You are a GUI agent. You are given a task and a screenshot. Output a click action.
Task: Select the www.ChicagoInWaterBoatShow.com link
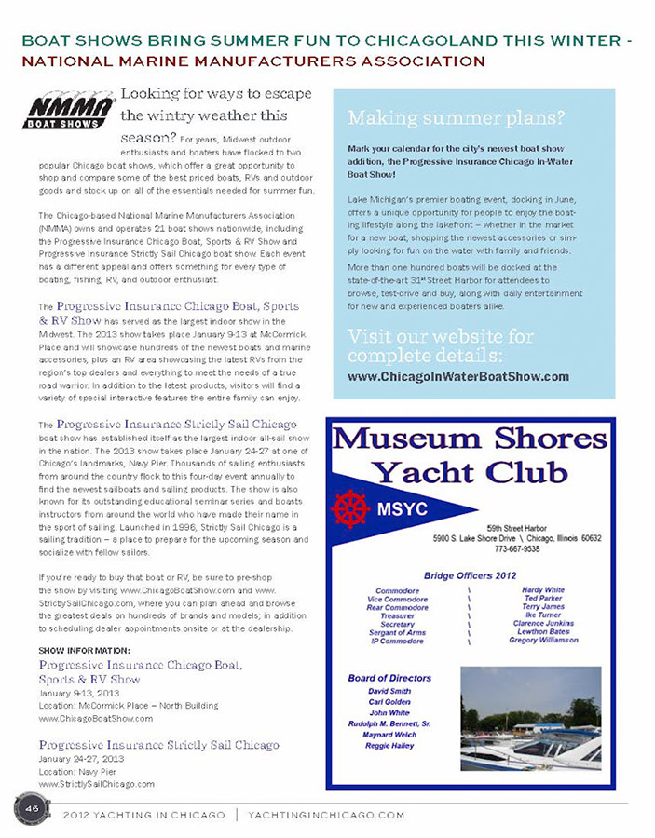pos(457,376)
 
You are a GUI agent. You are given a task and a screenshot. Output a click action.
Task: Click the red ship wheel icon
pos(351,509)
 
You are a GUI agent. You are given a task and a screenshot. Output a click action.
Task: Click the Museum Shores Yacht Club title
pos(470,453)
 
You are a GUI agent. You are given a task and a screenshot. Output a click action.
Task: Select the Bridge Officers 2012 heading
pos(470,575)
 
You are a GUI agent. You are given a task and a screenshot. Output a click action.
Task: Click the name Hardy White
pos(543,590)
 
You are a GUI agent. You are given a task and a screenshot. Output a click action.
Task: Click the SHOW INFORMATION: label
pos(85,649)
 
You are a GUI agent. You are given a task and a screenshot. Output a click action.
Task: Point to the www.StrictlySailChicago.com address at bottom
pos(97,784)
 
